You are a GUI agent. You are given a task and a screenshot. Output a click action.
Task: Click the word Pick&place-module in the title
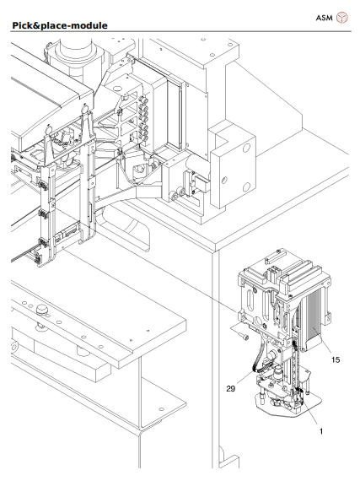click(x=60, y=25)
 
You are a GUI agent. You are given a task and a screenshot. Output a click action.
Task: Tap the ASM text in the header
click(x=324, y=17)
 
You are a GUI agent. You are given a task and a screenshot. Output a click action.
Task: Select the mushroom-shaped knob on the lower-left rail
click(x=40, y=312)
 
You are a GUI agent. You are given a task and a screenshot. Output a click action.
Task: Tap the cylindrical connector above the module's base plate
click(x=279, y=372)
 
